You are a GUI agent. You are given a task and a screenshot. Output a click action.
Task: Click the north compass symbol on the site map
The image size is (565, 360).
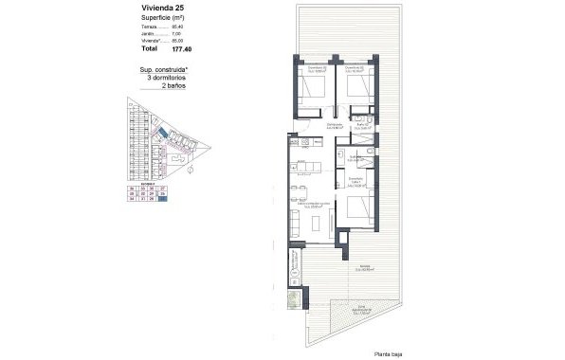[191, 172]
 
